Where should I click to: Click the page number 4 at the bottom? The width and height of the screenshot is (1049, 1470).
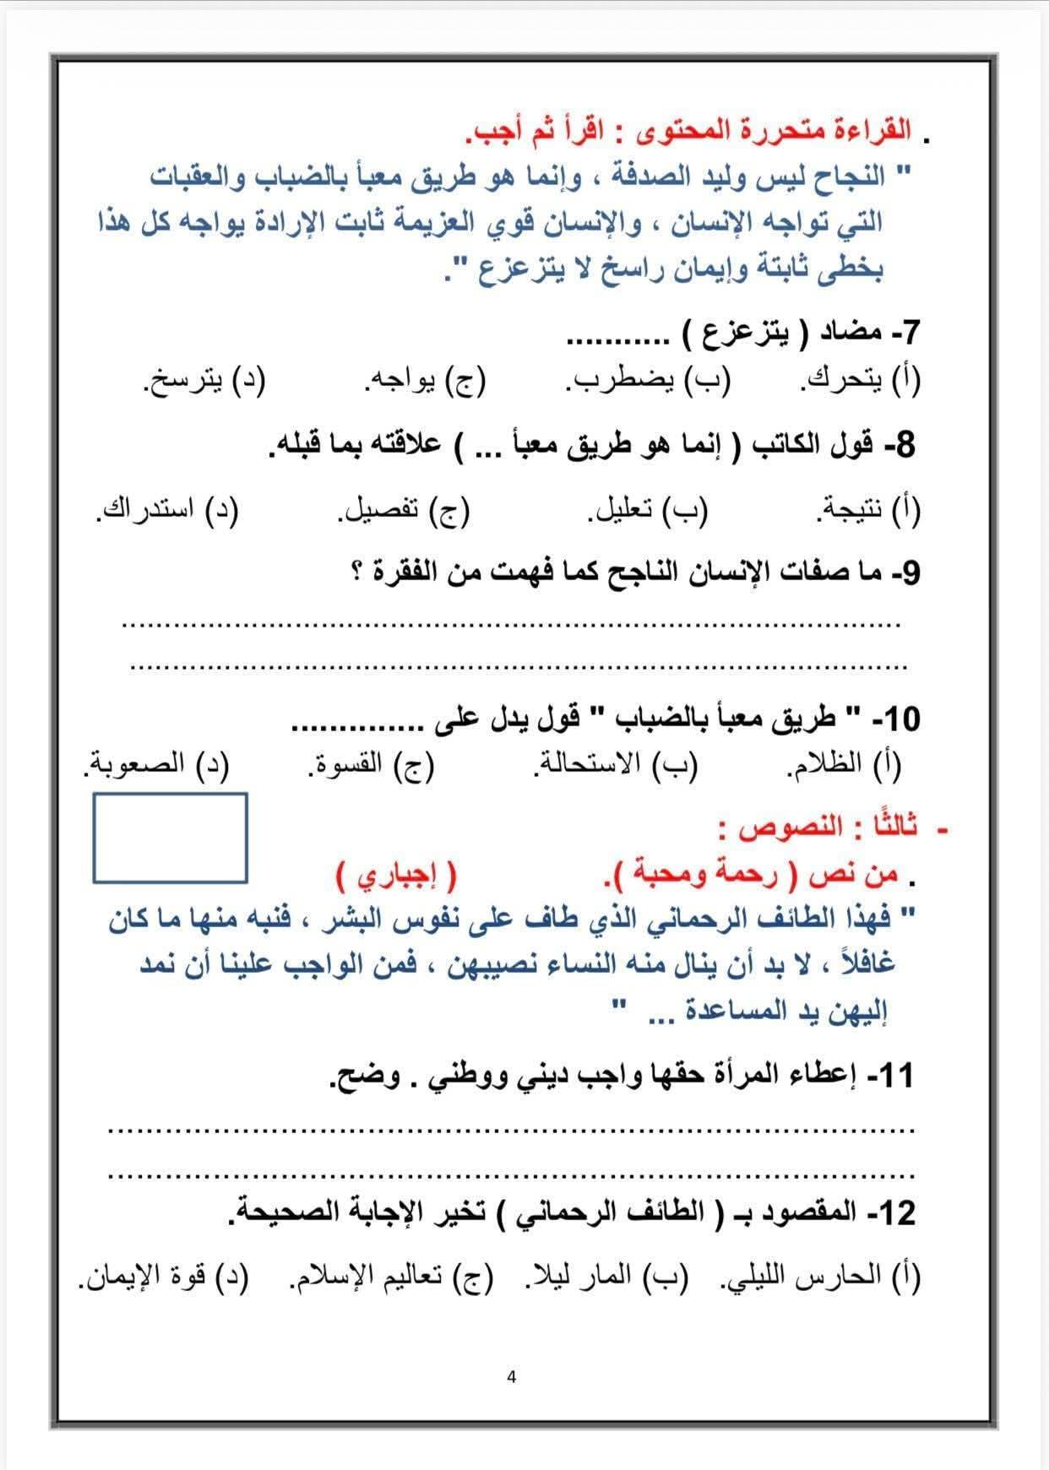click(x=511, y=1377)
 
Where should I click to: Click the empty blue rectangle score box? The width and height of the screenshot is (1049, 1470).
click(x=170, y=838)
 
